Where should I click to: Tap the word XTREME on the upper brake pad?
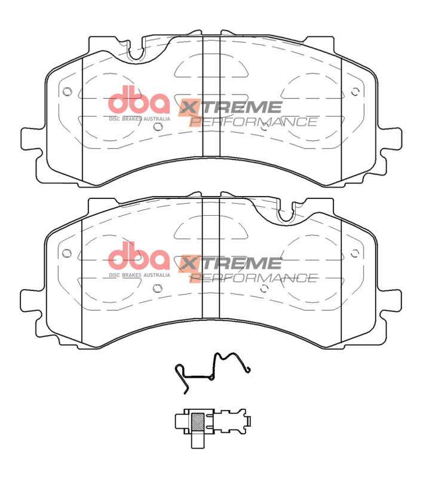(x=230, y=108)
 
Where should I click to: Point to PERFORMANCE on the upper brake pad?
(x=253, y=122)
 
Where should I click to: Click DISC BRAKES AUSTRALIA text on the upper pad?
(x=139, y=118)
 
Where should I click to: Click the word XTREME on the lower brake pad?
(x=230, y=263)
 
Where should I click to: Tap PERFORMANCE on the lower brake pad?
(x=253, y=278)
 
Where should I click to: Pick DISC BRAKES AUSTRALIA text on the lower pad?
(x=139, y=275)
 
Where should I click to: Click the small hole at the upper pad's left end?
(x=66, y=92)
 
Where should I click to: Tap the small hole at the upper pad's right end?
(x=355, y=92)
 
